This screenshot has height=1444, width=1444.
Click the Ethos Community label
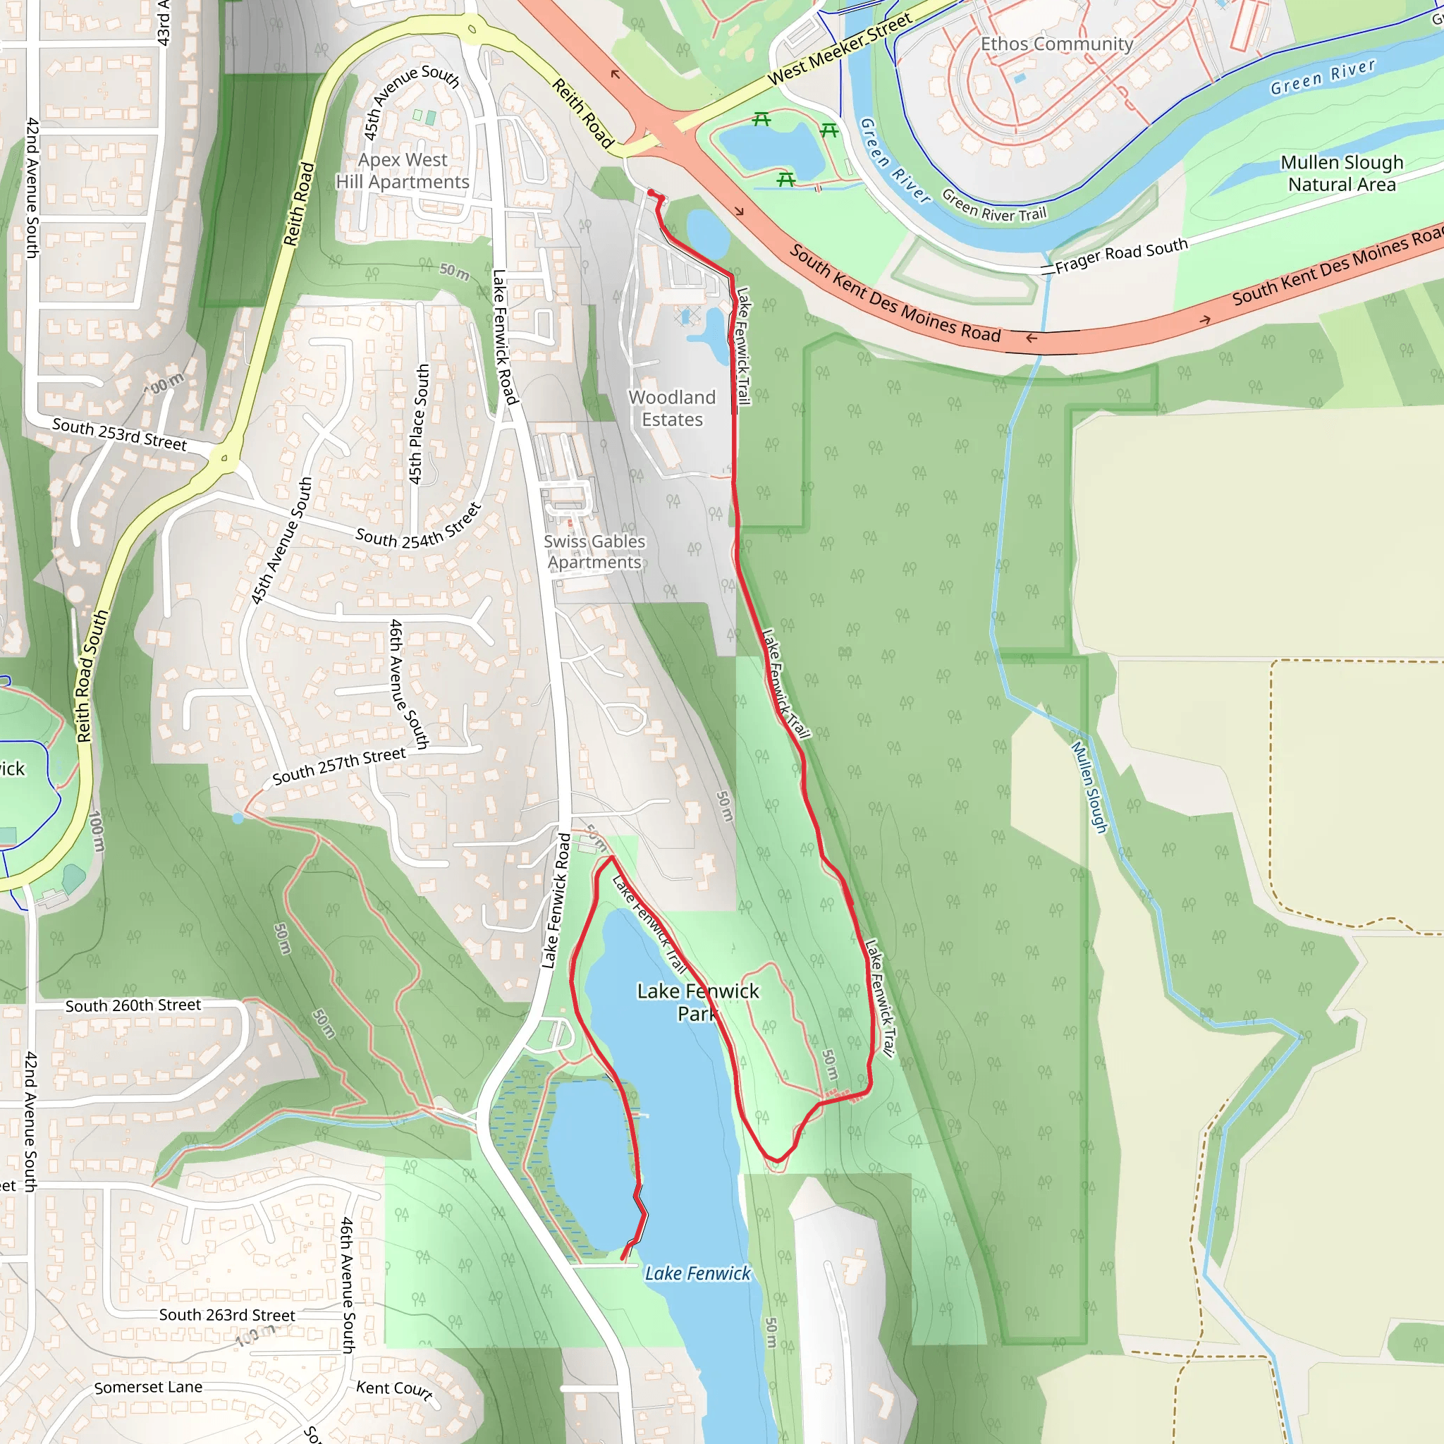1056,44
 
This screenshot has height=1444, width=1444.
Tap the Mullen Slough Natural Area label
1342,173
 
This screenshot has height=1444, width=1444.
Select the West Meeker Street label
839,49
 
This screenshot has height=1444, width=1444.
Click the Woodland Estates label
672,408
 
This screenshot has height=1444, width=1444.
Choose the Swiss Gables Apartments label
594,551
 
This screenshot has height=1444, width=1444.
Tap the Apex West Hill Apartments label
402,171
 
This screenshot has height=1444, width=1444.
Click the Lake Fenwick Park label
697,1001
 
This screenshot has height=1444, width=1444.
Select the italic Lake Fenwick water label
697,1273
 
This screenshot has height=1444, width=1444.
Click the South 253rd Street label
120,434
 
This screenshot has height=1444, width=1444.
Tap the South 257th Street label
338,766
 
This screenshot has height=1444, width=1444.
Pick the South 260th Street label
133,1006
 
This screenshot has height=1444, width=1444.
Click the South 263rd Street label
226,1316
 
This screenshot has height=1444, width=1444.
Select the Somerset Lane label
148,1387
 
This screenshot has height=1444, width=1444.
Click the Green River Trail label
993,206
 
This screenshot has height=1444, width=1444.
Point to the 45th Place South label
419,424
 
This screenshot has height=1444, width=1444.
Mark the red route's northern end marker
651,194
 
